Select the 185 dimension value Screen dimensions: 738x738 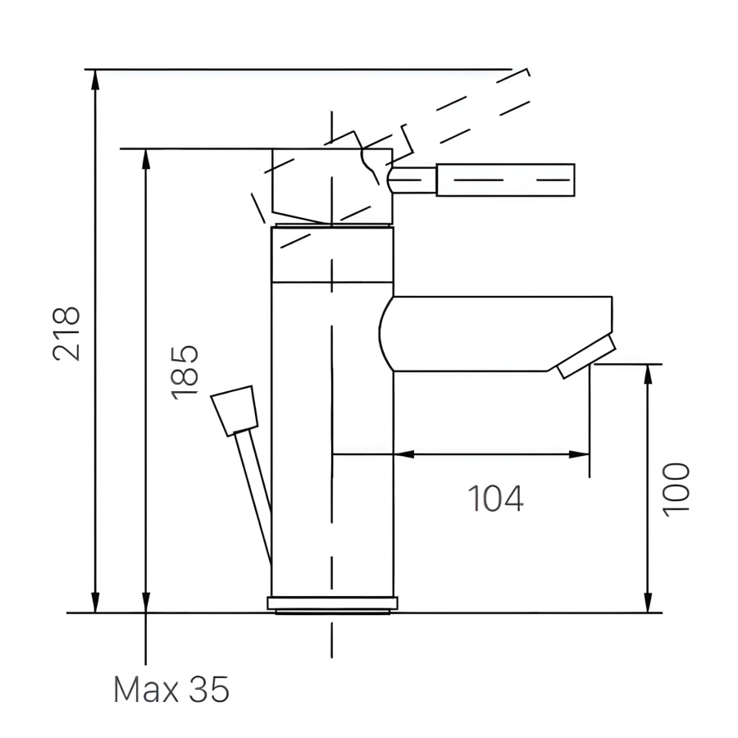(x=184, y=373)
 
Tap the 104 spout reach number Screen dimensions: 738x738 (x=495, y=498)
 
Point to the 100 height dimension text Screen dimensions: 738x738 (x=676, y=490)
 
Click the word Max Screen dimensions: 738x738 (x=146, y=690)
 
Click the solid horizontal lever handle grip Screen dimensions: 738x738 (x=505, y=180)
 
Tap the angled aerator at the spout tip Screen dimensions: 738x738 (x=586, y=357)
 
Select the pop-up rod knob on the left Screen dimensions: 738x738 (x=235, y=411)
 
